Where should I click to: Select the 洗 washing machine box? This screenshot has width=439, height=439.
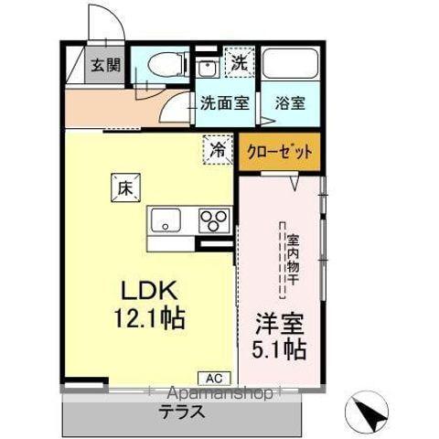click(238, 63)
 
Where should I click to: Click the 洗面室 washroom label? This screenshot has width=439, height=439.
click(224, 103)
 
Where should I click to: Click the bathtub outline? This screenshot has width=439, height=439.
click(291, 65)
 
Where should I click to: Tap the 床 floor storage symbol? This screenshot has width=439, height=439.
click(124, 187)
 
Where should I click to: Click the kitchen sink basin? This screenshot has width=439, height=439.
click(166, 219)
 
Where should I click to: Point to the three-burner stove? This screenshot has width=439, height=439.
click(216, 219)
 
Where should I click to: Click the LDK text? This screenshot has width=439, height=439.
click(149, 291)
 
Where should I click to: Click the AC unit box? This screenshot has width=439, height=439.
click(209, 377)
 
